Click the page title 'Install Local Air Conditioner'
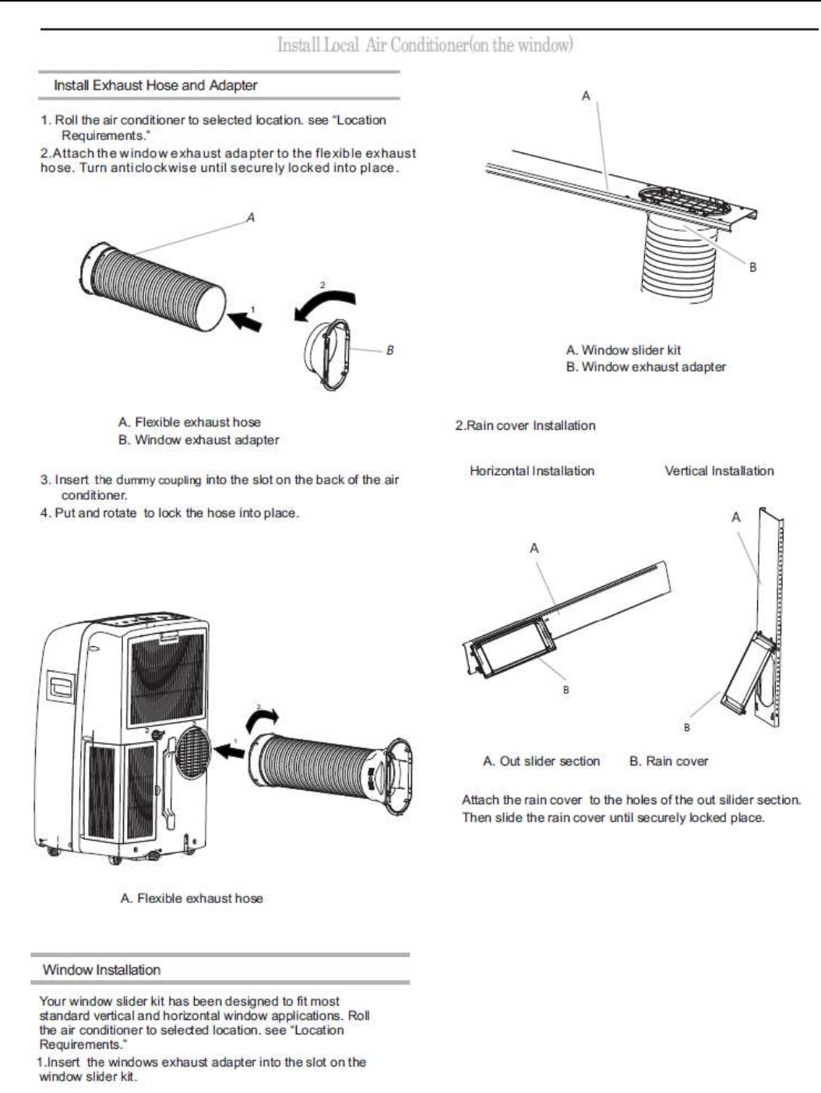coord(425,45)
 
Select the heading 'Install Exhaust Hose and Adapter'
coord(155,86)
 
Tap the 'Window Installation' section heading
coord(101,970)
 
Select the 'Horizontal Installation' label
coord(532,471)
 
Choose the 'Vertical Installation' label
coord(719,471)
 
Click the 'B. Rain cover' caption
coord(668,761)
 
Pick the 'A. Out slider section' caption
coord(541,761)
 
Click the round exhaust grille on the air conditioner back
coord(194,752)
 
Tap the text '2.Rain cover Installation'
coord(525,426)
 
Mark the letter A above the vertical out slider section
coord(736,518)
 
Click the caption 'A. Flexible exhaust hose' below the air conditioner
coord(192,898)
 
